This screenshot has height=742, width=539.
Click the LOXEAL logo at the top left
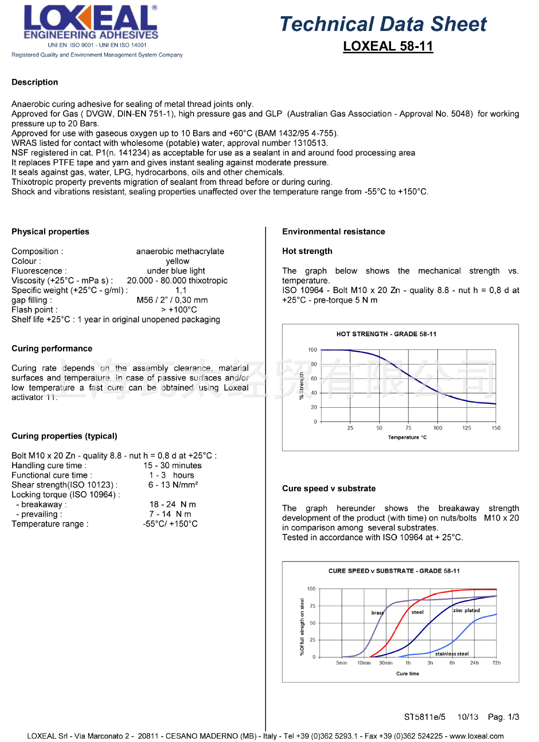[91, 22]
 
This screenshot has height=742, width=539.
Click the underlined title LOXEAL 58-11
[388, 46]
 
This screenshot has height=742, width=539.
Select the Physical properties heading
[50, 231]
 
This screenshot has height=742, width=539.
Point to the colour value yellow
[178, 261]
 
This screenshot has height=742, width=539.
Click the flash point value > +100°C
[179, 310]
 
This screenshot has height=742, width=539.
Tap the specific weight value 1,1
[181, 290]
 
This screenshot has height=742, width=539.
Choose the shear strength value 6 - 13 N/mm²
[173, 485]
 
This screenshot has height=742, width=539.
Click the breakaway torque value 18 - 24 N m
[173, 504]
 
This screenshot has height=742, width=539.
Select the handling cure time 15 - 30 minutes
[172, 466]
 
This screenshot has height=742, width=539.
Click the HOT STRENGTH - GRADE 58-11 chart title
[386, 334]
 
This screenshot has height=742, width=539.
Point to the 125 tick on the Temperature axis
[467, 428]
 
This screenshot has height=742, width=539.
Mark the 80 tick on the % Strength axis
[314, 364]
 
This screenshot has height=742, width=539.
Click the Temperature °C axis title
[407, 437]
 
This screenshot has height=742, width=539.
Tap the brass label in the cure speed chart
[377, 613]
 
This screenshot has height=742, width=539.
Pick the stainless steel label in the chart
[452, 654]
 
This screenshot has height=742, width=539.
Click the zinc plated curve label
[466, 611]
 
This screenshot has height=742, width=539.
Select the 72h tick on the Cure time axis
[496, 663]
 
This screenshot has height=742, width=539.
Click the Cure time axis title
[408, 674]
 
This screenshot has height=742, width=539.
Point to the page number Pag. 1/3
[503, 717]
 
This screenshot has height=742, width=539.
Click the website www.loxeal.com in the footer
[476, 736]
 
